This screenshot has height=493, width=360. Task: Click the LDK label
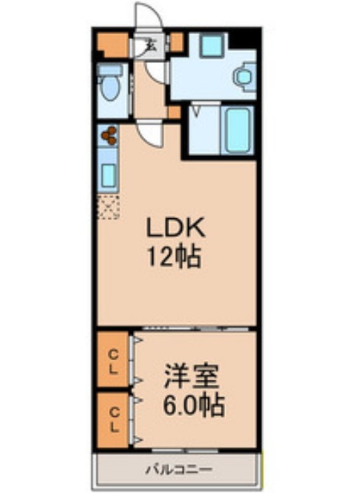[174, 228]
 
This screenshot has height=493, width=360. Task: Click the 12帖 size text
[174, 259]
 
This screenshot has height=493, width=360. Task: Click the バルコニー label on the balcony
[178, 469]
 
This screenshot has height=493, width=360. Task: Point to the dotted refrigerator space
[108, 207]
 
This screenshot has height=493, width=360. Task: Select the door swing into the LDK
[149, 131]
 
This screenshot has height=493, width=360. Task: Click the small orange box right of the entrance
[176, 41]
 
